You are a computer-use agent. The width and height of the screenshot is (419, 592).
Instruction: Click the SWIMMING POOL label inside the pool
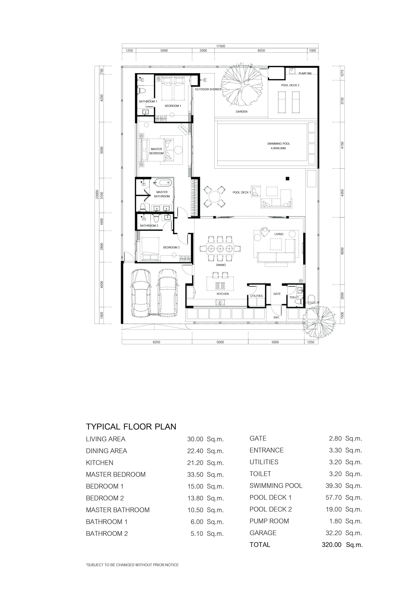coord(279,144)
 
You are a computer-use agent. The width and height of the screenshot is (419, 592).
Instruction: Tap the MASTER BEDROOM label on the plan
coord(156,151)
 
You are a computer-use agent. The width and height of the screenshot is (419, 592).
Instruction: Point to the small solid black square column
coord(287,178)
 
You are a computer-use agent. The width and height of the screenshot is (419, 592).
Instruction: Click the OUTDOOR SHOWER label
coord(208,89)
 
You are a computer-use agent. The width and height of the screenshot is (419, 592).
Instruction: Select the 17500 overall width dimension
coord(221,46)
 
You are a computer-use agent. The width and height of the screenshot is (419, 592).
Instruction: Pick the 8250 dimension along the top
coord(261,50)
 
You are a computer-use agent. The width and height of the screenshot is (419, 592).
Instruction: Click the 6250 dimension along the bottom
coord(157,342)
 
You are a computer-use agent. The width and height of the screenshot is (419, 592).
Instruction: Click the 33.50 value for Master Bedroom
coord(195,474)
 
